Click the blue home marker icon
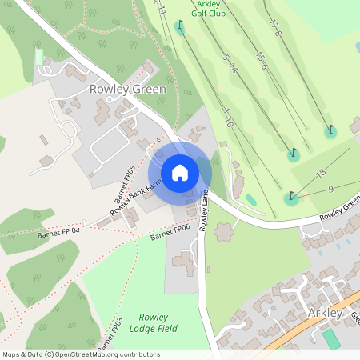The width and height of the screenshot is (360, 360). (x=180, y=173)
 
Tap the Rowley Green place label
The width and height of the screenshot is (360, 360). (x=128, y=90)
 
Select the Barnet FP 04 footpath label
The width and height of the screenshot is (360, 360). (x=59, y=234)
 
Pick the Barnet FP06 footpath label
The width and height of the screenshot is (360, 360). (x=169, y=232)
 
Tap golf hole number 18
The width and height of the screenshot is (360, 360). (x=322, y=173)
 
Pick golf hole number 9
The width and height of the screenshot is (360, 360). (x=330, y=189)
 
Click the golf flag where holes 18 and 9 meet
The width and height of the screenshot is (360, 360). (x=291, y=197)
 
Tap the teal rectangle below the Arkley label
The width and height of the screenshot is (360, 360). (x=330, y=338)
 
